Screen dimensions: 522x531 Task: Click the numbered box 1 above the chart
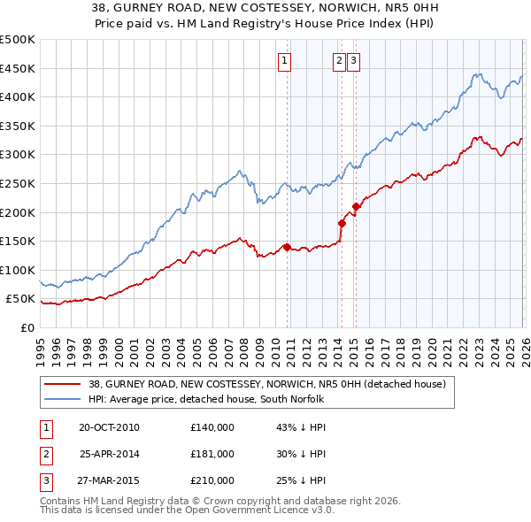click(x=285, y=61)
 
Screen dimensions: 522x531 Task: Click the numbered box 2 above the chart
click(x=340, y=61)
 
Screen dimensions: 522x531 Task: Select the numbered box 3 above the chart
click(x=353, y=61)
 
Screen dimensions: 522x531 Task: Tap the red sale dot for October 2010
click(x=287, y=247)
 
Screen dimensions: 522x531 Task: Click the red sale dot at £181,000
click(x=342, y=223)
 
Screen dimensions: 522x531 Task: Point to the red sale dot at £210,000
click(x=356, y=207)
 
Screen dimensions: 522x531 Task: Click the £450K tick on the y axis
click(x=18, y=68)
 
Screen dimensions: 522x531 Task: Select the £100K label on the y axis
click(x=18, y=270)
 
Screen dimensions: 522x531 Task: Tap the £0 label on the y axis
click(x=26, y=327)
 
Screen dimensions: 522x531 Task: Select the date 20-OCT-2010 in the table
click(x=109, y=427)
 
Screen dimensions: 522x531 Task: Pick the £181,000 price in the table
click(x=212, y=454)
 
